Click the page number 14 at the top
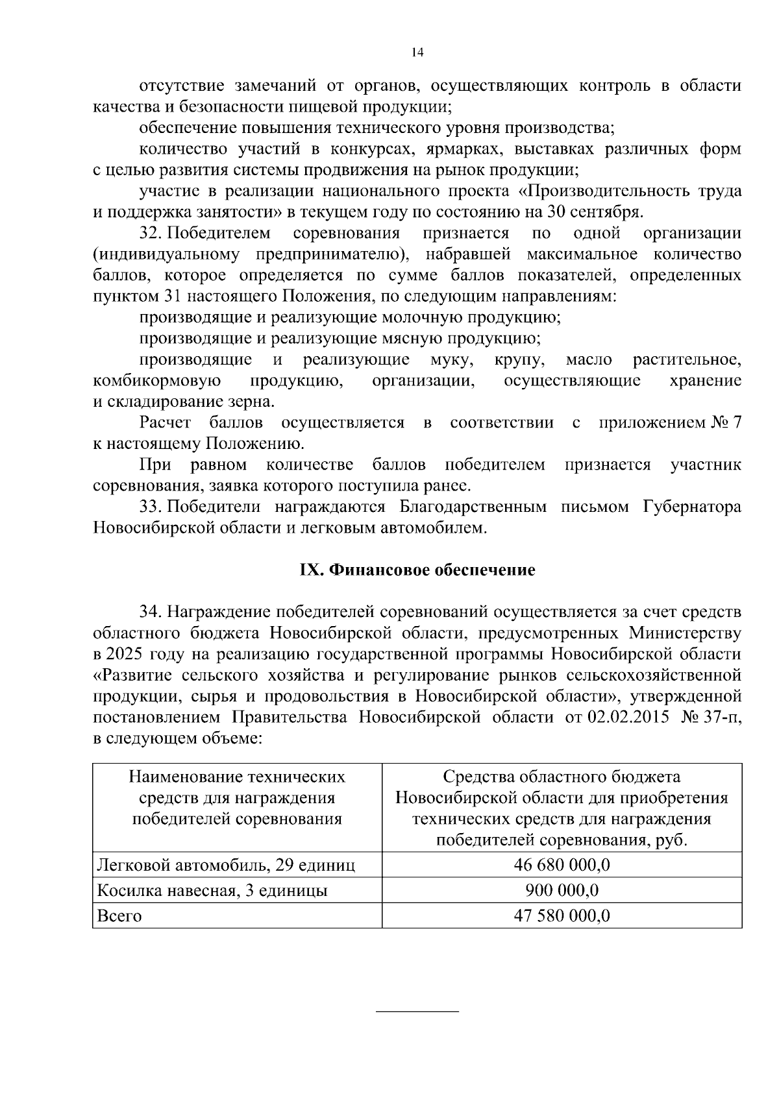coord(417,53)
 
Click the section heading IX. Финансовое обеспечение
coord(417,570)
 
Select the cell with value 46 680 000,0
coord(562,865)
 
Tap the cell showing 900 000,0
coord(562,890)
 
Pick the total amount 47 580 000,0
coord(562,915)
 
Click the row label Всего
coord(119,916)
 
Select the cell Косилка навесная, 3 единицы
coord(212,890)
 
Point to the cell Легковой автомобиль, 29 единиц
coord(226,865)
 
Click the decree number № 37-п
coord(710,717)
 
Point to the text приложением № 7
coord(669,423)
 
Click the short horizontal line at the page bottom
coord(417,1012)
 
